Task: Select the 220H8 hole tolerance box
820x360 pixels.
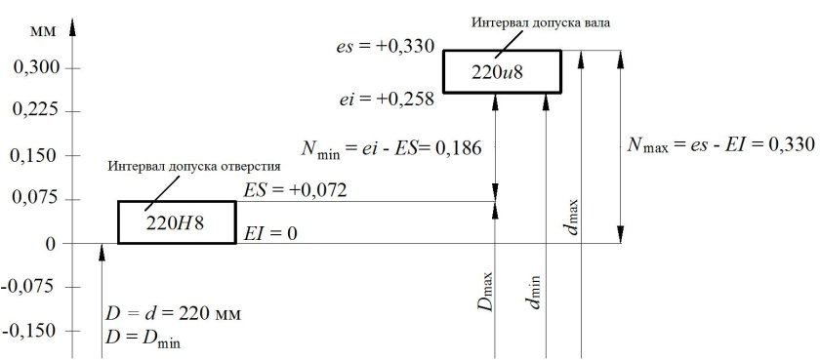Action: [x=177, y=221]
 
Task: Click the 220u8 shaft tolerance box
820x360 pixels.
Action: [x=502, y=71]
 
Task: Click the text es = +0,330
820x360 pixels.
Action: [x=382, y=45]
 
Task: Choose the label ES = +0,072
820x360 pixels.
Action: [x=296, y=187]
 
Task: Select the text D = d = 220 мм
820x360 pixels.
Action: [x=172, y=315]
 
